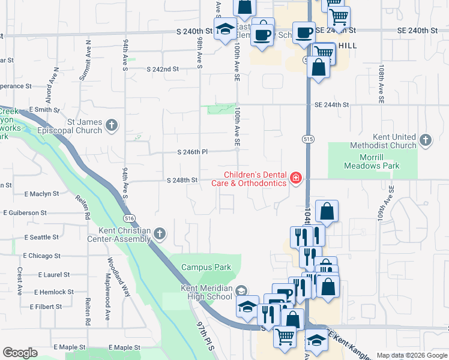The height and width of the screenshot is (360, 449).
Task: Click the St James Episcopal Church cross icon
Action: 111,125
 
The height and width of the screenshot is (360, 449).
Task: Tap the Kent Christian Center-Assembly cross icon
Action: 158,233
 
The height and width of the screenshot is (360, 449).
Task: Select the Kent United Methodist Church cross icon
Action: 425,140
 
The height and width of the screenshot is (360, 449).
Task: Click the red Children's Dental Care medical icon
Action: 295,178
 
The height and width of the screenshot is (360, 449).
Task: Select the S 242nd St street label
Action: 163,69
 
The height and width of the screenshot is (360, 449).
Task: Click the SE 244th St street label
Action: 331,104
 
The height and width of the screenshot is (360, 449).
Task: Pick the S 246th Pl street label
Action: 192,152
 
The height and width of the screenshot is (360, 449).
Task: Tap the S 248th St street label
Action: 182,180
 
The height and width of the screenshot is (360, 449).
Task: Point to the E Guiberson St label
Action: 25,212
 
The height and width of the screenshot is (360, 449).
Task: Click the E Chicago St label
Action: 41,256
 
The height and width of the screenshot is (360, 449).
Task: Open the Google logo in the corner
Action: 20,353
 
